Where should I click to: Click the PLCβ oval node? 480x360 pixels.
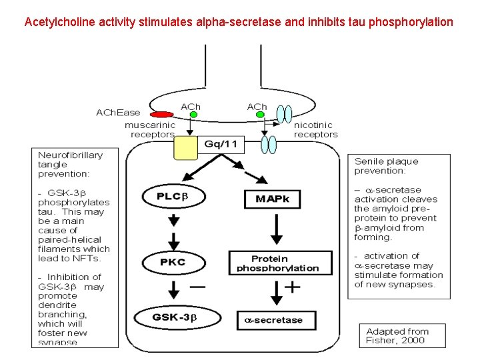click(173, 197)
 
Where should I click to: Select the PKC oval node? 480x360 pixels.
click(173, 261)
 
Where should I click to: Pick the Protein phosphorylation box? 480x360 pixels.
click(280, 263)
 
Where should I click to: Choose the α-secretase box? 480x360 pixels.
click(278, 320)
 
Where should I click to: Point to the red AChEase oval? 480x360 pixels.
click(162, 115)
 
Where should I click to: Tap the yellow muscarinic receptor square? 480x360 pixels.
click(186, 148)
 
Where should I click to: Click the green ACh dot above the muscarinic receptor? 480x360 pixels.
click(193, 115)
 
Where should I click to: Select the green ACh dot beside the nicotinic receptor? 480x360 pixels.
click(259, 115)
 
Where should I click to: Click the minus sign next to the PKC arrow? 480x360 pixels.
click(197, 286)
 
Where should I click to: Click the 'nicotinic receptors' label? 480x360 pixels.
click(315, 129)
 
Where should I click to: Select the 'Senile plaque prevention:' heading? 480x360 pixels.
click(387, 166)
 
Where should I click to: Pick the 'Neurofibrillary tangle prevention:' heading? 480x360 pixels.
click(71, 164)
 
